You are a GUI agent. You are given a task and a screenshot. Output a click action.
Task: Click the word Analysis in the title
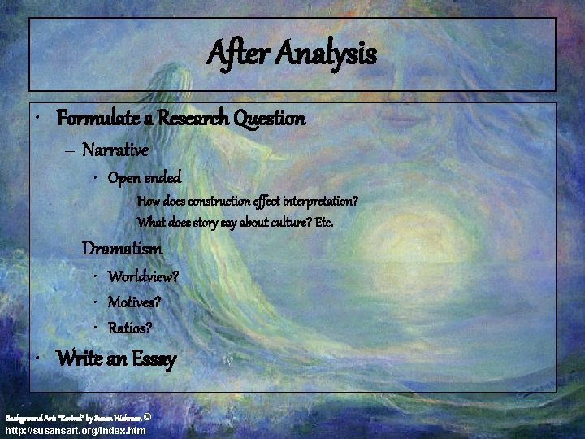[x=327, y=54]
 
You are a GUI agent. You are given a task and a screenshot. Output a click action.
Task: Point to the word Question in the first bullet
[x=269, y=119]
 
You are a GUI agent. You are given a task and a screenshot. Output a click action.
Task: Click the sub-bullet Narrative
[x=115, y=150]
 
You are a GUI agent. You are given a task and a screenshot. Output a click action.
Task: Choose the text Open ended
[x=145, y=176]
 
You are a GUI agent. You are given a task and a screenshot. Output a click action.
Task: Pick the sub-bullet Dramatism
[x=123, y=249]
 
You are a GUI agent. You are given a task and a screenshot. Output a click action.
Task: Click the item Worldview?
[x=144, y=276]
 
